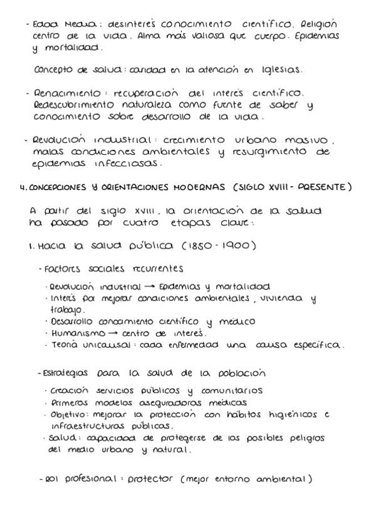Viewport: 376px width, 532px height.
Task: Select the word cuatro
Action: click(x=145, y=222)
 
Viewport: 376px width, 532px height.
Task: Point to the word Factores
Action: click(x=60, y=269)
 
